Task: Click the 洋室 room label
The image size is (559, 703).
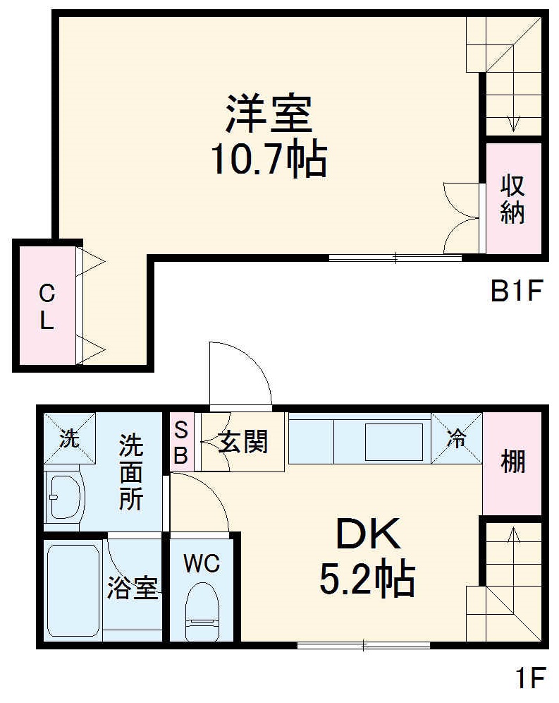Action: [269, 114]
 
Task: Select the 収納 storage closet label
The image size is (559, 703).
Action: [512, 198]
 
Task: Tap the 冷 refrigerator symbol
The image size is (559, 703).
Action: [456, 438]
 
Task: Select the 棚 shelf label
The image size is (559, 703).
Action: [512, 462]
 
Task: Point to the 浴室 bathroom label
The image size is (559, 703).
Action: [132, 588]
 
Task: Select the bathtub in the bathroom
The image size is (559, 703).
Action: [73, 590]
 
